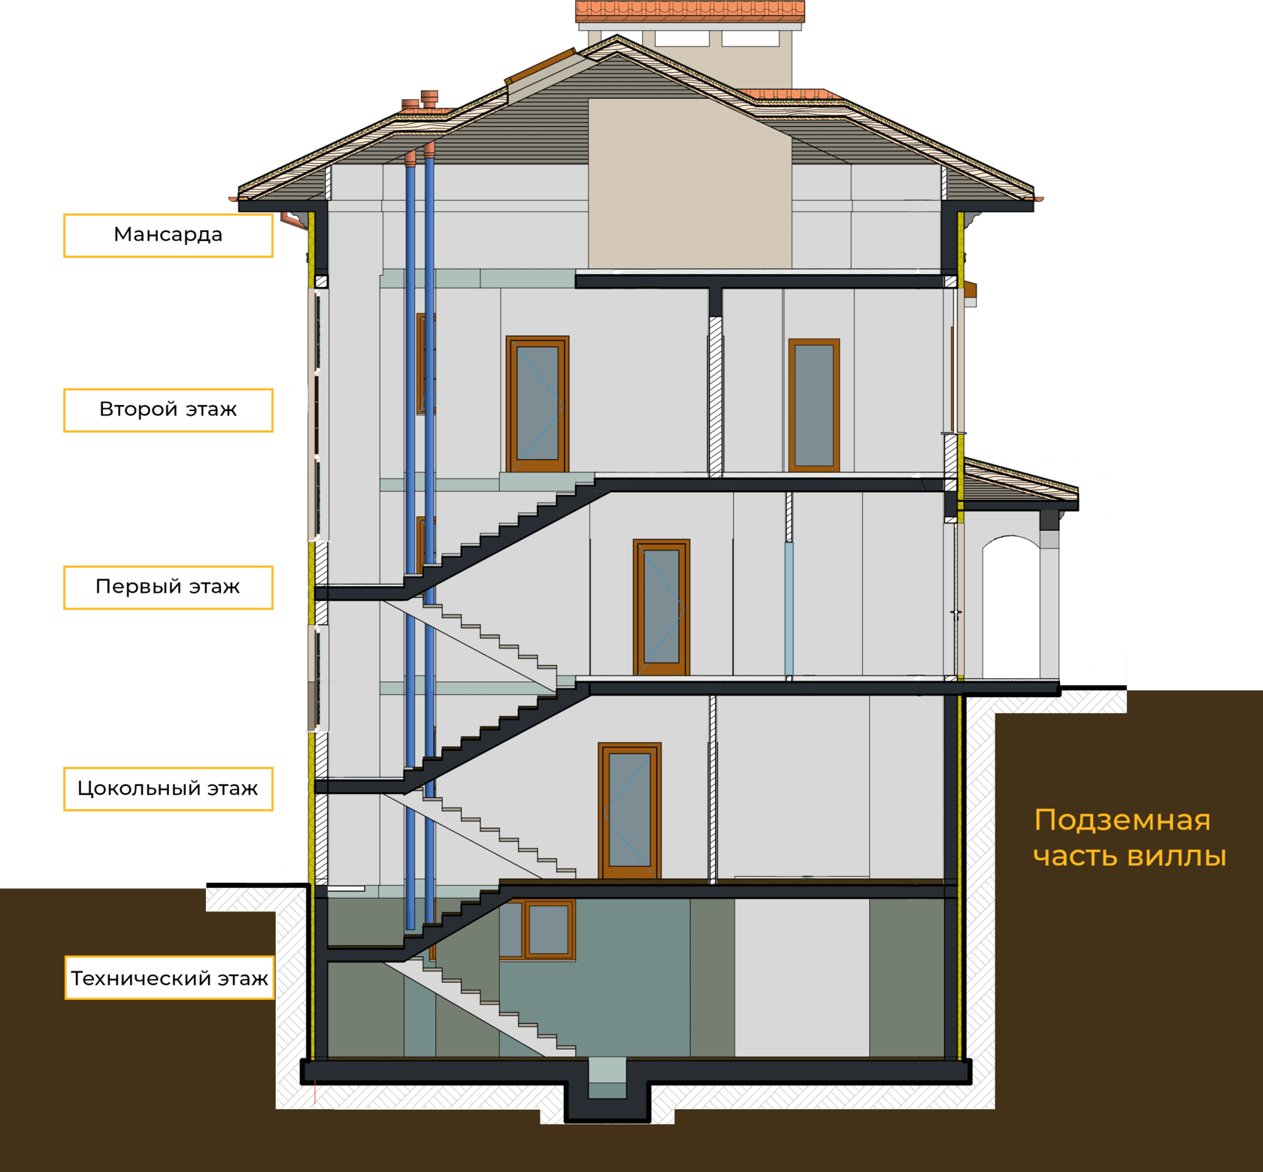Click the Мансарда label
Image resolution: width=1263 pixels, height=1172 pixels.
pos(168,235)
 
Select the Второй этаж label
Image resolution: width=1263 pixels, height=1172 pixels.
pos(168,409)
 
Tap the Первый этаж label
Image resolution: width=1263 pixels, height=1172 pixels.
pos(168,587)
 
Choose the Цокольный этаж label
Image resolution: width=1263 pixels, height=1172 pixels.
pos(168,788)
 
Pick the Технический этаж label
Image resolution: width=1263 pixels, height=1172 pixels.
pos(169,977)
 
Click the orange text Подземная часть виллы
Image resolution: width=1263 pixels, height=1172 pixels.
pos(1128,838)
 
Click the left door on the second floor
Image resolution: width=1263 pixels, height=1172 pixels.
pos(538,403)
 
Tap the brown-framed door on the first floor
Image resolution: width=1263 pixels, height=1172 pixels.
pos(662,607)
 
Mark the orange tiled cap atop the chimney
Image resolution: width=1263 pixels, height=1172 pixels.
pos(689,12)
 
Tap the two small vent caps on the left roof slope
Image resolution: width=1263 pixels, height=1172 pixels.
pos(420,102)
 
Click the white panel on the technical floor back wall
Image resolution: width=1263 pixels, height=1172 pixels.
pos(801,977)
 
